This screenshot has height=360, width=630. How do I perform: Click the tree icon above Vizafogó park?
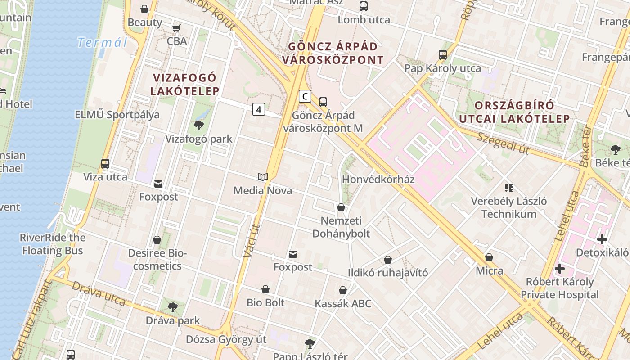198,125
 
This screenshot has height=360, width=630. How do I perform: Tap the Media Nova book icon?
263,177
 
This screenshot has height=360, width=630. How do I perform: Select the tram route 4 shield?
259,109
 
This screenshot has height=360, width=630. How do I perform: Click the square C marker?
305,96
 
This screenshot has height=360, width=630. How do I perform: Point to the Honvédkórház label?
378,179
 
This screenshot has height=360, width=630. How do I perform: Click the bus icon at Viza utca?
105,164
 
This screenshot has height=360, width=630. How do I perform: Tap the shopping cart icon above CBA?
176,28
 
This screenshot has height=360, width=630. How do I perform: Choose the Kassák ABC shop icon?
343,290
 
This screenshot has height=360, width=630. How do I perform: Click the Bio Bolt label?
265,302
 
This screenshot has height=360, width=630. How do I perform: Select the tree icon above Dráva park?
172,307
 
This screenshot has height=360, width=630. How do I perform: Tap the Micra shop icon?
489,257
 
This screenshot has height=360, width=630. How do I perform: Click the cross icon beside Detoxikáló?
602,239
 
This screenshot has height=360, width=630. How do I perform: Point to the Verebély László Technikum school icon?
509,188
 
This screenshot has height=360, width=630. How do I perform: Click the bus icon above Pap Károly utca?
443,55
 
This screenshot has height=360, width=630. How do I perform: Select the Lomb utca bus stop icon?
364,6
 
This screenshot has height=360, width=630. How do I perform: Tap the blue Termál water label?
102,43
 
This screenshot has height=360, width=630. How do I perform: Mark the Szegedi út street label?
503,143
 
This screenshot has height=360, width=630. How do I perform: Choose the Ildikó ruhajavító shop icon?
388,260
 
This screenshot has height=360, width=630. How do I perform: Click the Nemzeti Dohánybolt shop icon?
341,207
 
